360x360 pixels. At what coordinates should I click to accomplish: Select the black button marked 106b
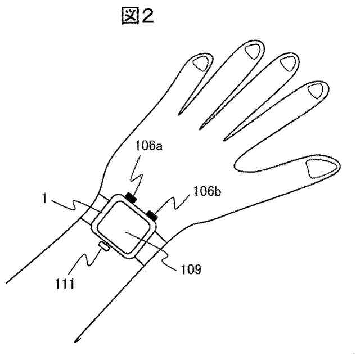(152, 214)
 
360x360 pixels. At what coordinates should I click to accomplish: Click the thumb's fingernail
(318, 167)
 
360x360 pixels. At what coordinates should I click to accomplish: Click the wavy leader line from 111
(89, 259)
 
